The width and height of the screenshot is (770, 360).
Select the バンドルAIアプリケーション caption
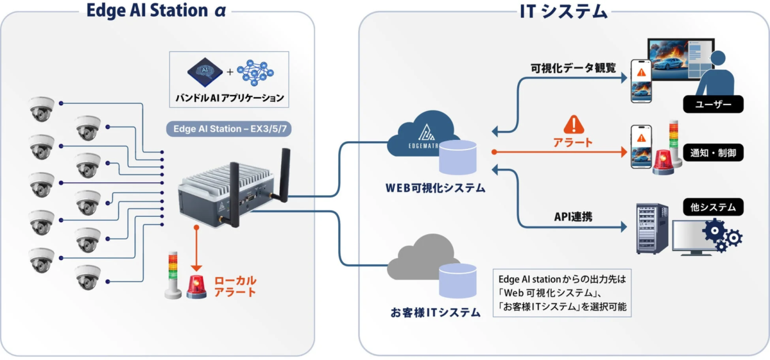click(229, 98)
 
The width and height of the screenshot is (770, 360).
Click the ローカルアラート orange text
click(235, 286)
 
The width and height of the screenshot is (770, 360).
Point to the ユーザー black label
click(713, 104)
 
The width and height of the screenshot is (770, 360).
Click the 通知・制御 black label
click(713, 154)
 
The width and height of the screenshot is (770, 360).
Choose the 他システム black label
click(713, 207)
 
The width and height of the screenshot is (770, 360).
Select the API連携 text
click(572, 217)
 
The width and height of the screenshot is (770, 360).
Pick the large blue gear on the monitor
click(715, 230)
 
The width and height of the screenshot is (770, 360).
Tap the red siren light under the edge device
click(197, 287)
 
